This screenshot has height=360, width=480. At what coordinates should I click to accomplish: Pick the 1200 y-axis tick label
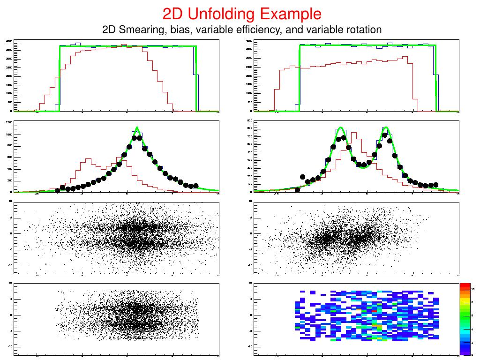tap(9, 123)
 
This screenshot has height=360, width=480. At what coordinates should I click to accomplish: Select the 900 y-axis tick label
tap(249, 121)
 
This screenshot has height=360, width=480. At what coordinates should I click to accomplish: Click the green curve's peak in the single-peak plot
tap(137, 127)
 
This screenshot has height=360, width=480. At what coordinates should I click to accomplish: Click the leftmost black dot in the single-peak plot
tap(58, 191)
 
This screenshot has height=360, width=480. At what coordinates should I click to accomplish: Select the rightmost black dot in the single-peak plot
tap(196, 186)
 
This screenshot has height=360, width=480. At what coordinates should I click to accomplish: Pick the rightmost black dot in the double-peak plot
tap(436, 185)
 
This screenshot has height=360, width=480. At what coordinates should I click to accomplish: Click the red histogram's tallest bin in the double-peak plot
tap(354, 133)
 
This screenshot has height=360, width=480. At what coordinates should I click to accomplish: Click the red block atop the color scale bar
tap(465, 286)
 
